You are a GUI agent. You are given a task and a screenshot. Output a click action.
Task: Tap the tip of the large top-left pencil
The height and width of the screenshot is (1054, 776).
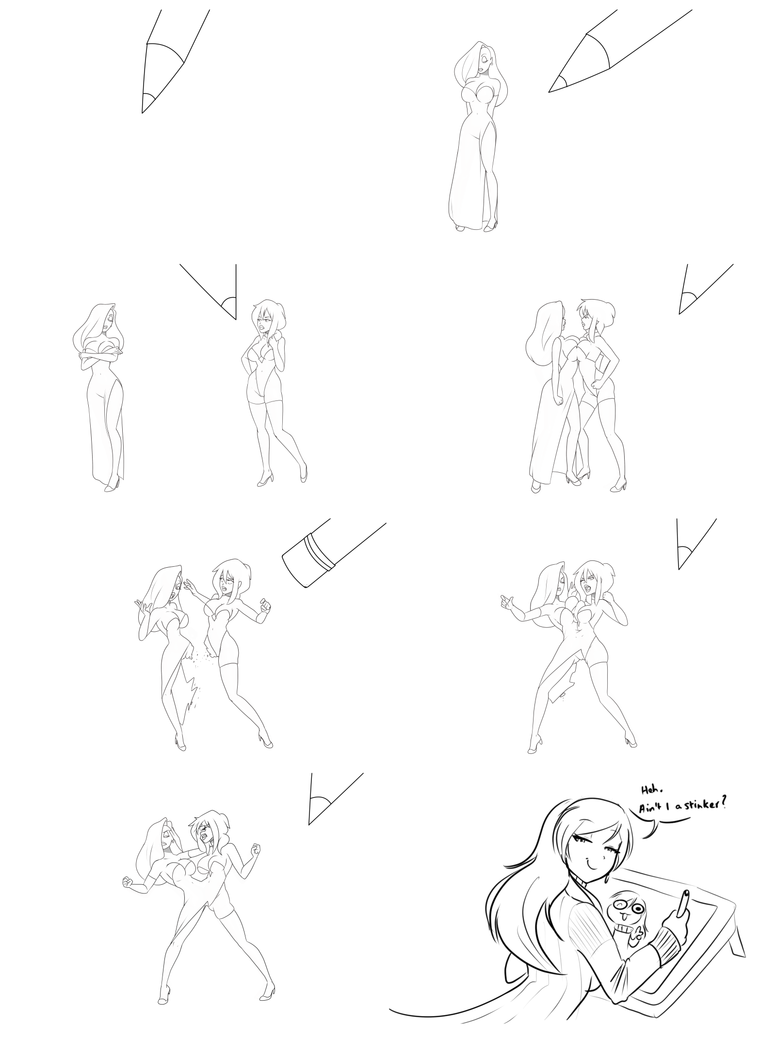[142, 113]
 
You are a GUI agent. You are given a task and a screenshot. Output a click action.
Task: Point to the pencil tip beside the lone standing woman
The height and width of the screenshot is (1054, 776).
[549, 91]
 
